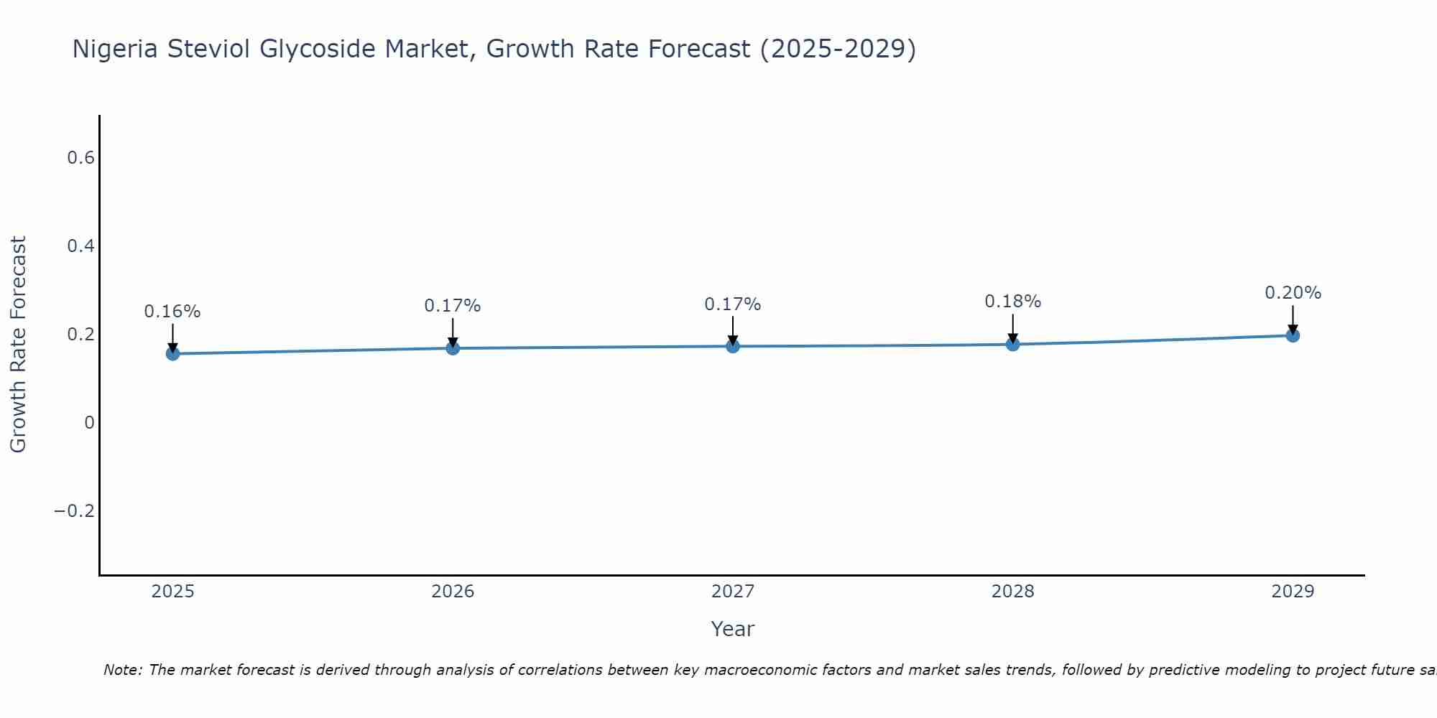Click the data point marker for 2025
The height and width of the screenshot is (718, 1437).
pyautogui.click(x=172, y=353)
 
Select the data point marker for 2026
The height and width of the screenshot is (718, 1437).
pyautogui.click(x=453, y=348)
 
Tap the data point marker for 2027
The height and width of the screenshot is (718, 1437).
pyautogui.click(x=733, y=346)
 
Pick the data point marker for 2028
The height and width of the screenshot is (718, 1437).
pyautogui.click(x=1012, y=344)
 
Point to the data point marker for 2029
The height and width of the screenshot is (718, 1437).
pyautogui.click(x=1293, y=335)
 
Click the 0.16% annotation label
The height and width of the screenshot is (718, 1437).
pyautogui.click(x=172, y=312)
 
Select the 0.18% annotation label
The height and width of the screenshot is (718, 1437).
pyautogui.click(x=1012, y=302)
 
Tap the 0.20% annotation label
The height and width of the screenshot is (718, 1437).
pyautogui.click(x=1293, y=293)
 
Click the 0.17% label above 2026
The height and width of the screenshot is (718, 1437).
pyautogui.click(x=453, y=306)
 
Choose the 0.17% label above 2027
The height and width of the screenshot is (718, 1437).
pyautogui.click(x=733, y=304)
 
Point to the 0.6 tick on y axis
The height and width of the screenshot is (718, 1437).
pyautogui.click(x=80, y=158)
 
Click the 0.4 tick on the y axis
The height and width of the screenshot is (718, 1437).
pyautogui.click(x=80, y=246)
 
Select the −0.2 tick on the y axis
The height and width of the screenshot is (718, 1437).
pyautogui.click(x=75, y=511)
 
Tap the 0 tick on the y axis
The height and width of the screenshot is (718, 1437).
pyautogui.click(x=89, y=423)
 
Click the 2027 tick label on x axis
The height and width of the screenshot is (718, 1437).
pyautogui.click(x=733, y=592)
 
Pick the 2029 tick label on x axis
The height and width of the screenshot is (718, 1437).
pyautogui.click(x=1293, y=592)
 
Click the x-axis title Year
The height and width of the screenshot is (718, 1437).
pyautogui.click(x=733, y=629)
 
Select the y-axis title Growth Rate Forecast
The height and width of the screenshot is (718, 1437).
pyautogui.click(x=18, y=345)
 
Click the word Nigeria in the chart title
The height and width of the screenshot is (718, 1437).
pyautogui.click(x=116, y=50)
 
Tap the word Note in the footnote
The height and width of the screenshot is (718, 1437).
pyautogui.click(x=122, y=670)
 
